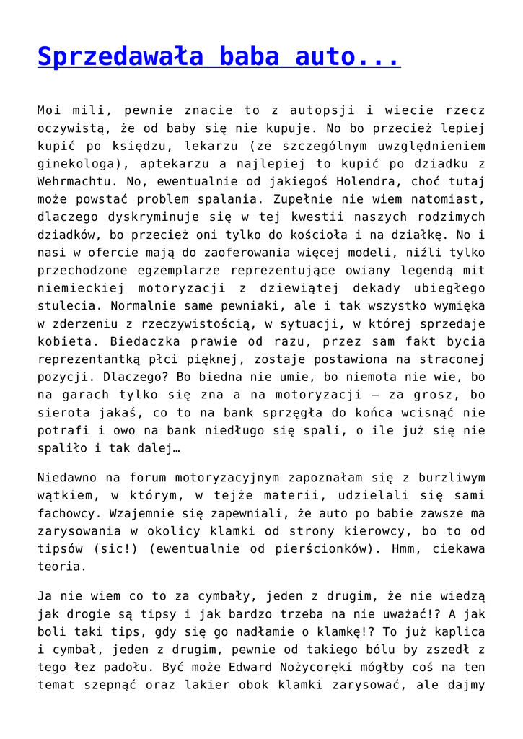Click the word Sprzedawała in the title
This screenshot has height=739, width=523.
pos(109,56)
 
